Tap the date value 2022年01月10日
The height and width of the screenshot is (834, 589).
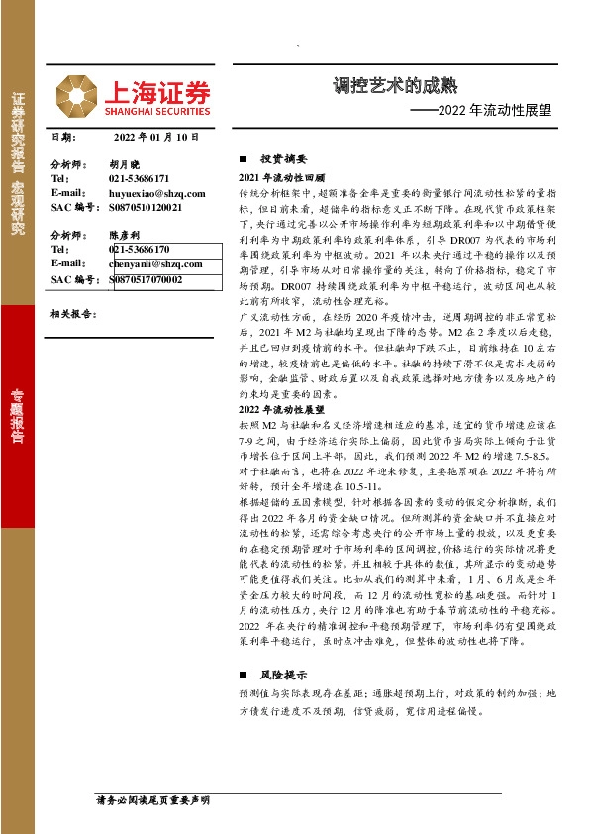pos(156,138)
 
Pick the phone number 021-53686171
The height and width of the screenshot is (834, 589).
pos(140,178)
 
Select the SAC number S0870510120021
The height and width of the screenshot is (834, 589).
pos(146,208)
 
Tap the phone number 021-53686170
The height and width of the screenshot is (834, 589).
pos(140,250)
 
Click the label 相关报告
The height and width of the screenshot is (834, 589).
pos(71,313)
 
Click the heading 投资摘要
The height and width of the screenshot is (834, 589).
pos(284,158)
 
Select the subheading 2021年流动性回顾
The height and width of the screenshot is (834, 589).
pos(282,175)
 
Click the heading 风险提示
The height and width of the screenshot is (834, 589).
pos(284,674)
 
